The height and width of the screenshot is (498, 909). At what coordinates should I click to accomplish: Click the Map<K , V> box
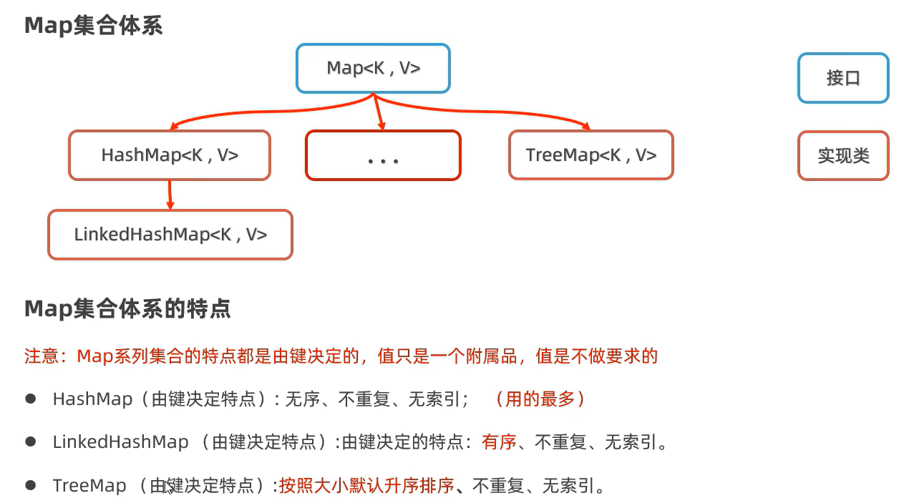coord(373,69)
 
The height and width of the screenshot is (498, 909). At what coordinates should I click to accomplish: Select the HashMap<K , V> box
coord(170,155)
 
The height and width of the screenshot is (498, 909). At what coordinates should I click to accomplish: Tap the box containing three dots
coord(383,155)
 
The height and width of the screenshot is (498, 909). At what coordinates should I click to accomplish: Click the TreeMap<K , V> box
coord(590,155)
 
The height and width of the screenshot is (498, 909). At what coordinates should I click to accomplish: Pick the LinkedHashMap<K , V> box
coord(170,235)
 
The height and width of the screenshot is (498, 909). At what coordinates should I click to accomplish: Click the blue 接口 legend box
coord(843,78)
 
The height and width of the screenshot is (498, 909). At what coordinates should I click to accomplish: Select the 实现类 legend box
coord(843,156)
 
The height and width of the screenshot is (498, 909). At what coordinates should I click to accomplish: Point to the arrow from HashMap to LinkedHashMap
coord(170,195)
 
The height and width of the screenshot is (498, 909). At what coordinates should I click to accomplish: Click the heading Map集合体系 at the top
coord(94,26)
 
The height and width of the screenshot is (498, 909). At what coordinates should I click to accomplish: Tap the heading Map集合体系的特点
coord(127,309)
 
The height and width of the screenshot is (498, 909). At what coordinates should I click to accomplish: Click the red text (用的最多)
coord(540,399)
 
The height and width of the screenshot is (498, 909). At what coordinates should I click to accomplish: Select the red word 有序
coord(499,442)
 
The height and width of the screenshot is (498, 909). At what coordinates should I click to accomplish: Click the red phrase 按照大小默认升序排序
coord(366,487)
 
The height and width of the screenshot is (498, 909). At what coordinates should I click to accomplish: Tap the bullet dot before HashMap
coord(31,399)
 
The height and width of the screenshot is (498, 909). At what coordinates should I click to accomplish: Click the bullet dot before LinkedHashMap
coord(31,442)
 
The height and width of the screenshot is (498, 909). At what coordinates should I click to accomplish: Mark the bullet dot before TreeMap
coord(31,486)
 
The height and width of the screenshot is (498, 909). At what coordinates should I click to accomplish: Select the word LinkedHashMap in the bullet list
coord(120,442)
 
